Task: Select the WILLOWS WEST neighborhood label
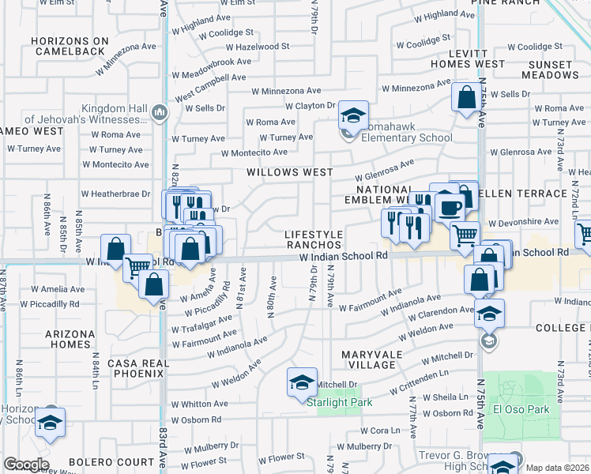pyautogui.click(x=289, y=171)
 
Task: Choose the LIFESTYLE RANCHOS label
pyautogui.click(x=314, y=240)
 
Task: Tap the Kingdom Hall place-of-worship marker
pyautogui.click(x=160, y=113)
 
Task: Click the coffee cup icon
pyautogui.click(x=450, y=208)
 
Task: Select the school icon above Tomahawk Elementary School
pyautogui.click(x=353, y=115)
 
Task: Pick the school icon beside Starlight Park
pyautogui.click(x=301, y=383)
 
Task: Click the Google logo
pyautogui.click(x=26, y=465)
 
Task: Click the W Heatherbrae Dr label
pyautogui.click(x=115, y=194)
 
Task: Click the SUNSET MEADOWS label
pyautogui.click(x=551, y=70)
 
